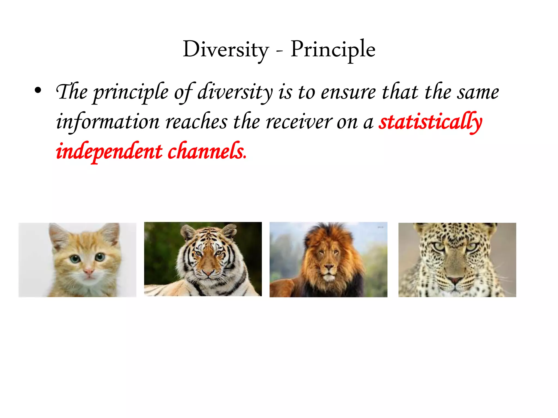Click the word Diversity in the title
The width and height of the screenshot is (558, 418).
(x=226, y=50)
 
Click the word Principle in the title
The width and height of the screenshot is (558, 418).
(x=333, y=50)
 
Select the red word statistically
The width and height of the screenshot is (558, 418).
(x=430, y=122)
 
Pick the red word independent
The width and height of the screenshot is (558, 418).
(x=109, y=151)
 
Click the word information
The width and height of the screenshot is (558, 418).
(x=108, y=122)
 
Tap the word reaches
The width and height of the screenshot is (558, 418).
(x=196, y=122)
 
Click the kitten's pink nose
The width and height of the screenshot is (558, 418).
(x=89, y=271)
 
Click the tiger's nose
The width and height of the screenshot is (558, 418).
(x=208, y=272)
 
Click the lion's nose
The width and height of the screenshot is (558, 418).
(x=329, y=268)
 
